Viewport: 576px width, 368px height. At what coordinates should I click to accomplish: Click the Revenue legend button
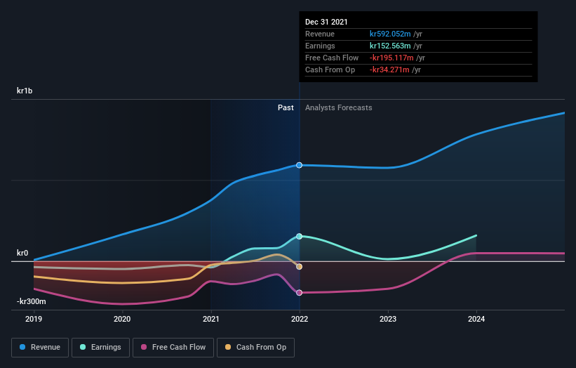point(39,347)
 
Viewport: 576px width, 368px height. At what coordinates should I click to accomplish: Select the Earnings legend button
point(100,347)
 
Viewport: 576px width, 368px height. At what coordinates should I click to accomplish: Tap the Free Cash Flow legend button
point(173,347)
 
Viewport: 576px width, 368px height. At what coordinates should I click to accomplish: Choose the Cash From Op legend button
point(256,347)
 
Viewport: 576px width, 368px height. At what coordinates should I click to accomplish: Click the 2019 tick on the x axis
point(34,319)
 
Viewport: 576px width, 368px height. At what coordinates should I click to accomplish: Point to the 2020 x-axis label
point(122,319)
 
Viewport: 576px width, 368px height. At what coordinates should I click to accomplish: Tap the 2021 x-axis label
point(210,319)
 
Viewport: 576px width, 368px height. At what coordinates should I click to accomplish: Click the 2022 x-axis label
point(300,319)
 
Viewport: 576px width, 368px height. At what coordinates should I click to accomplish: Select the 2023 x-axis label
point(388,319)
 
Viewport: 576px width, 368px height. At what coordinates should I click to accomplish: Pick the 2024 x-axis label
point(476,319)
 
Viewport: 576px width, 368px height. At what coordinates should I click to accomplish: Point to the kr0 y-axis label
point(22,253)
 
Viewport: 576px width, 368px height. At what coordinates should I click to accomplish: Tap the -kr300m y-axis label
point(32,301)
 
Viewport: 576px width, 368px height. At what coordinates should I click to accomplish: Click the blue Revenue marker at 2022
point(300,165)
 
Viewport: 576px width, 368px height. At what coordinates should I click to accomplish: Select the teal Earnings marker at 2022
point(300,237)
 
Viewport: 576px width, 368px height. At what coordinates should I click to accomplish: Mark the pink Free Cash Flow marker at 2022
point(300,293)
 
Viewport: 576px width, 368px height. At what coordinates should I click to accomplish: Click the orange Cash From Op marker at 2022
point(300,267)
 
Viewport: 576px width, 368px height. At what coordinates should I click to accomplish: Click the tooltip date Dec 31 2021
point(326,22)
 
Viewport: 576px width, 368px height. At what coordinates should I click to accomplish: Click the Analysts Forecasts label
point(338,107)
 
